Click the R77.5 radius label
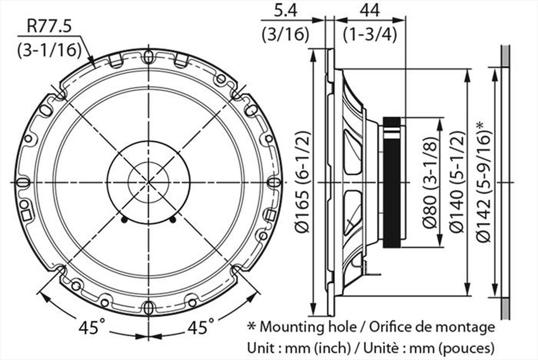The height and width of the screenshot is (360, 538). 49,26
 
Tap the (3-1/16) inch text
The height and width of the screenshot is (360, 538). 49,50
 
